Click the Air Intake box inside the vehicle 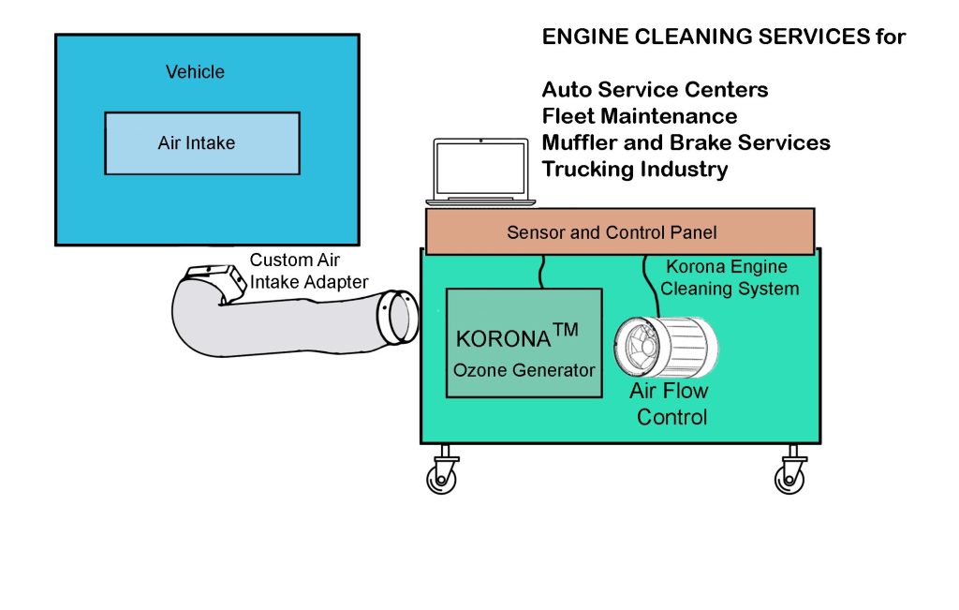pos(201,143)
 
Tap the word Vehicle pos(195,71)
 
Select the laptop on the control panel pos(480,172)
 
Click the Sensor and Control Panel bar pos(619,231)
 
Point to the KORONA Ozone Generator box pos(524,342)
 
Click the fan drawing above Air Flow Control pos(666,348)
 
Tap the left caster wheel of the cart pos(441,476)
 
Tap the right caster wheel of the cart pos(789,476)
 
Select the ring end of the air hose pos(397,317)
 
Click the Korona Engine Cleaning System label pos(730,277)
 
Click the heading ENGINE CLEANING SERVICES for pos(724,37)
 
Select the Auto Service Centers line pos(655,90)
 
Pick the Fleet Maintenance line pos(639,116)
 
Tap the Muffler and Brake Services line pos(686,142)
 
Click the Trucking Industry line pos(634,170)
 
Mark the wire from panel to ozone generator pos(541,271)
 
